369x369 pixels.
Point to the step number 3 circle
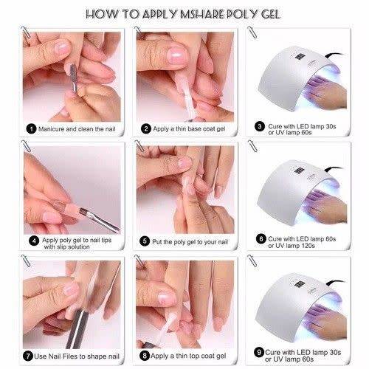(x=260, y=126)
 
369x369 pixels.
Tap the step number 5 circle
(x=146, y=240)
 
